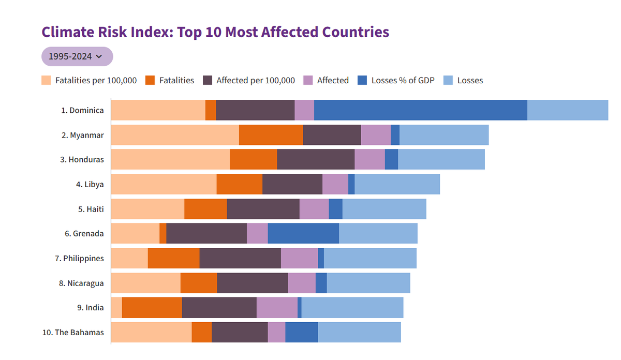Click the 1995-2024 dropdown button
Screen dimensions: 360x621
[77, 56]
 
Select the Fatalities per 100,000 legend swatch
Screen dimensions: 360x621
[46, 80]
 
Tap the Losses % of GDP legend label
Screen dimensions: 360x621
[403, 80]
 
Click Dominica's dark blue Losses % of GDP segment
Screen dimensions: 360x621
[420, 110]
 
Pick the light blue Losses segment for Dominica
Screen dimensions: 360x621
[567, 110]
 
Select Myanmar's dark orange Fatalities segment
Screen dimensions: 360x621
[271, 135]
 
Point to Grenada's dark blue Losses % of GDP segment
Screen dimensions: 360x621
[303, 233]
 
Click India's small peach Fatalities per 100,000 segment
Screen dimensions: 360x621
[116, 308]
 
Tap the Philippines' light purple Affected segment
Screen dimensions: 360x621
[299, 258]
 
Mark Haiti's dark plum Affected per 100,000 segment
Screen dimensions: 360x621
[263, 209]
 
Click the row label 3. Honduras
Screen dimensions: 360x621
[82, 159]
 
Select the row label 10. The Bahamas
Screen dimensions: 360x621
[73, 332]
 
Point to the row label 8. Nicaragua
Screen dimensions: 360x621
[81, 283]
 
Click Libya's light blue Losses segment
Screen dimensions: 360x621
[397, 184]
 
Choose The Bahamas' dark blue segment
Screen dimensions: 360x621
[301, 332]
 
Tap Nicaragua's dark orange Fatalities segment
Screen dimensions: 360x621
[199, 283]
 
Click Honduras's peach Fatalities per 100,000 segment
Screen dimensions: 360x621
[170, 159]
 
